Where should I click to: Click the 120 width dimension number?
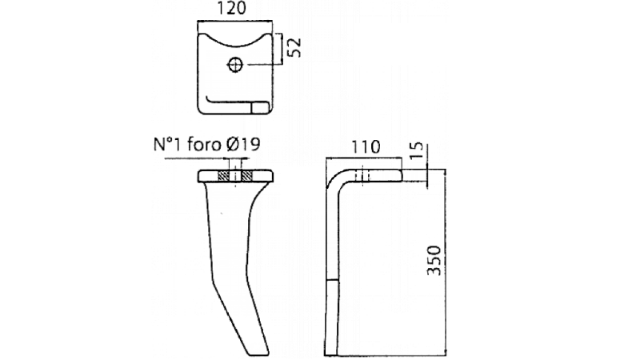tap(231, 9)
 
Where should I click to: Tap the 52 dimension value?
tap(294, 47)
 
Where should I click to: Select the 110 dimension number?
tap(366, 147)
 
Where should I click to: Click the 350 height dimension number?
tap(434, 261)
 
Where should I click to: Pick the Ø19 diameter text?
tap(243, 145)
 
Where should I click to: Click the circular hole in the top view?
tap(235, 65)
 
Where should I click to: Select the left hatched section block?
tap(223, 176)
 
